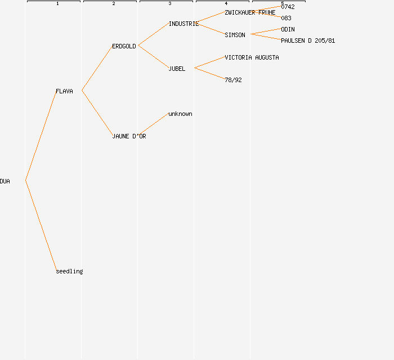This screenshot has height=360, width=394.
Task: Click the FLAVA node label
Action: (64, 91)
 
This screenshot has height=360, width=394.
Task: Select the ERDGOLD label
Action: (124, 46)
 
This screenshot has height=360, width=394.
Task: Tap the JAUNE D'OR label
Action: (129, 136)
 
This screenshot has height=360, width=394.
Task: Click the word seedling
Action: (69, 271)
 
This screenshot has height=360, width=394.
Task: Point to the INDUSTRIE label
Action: (183, 24)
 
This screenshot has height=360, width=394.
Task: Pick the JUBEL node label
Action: (177, 69)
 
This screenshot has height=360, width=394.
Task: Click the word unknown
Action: (180, 114)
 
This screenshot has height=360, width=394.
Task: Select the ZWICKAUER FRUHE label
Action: (250, 12)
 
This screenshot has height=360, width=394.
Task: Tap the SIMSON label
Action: (235, 35)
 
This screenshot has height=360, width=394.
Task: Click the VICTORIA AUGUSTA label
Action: (252, 57)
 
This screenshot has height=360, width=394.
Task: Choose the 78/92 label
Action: (233, 80)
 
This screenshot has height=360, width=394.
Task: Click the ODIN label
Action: (288, 29)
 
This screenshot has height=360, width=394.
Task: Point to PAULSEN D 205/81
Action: (308, 40)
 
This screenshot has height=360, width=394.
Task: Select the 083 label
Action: (286, 18)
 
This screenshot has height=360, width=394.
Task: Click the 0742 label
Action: (288, 7)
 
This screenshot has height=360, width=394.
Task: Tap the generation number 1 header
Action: (57, 4)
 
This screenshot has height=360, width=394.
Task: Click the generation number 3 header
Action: (170, 4)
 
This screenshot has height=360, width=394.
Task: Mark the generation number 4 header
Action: (226, 4)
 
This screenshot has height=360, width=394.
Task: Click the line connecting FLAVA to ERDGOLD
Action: (97, 68)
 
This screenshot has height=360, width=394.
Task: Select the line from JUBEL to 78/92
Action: (209, 73)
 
